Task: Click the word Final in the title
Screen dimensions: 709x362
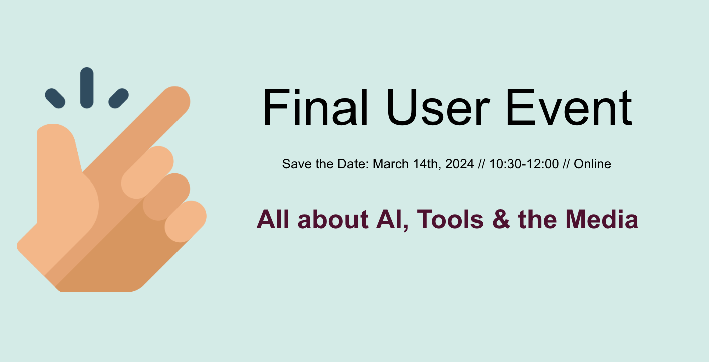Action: (315, 107)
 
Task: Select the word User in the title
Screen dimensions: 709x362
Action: (438, 107)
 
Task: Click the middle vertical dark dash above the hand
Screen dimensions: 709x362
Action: (87, 88)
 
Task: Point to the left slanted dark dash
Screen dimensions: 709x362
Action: (55, 98)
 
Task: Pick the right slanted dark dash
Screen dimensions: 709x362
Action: (119, 98)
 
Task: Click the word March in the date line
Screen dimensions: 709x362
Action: (391, 164)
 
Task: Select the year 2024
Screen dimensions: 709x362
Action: (460, 164)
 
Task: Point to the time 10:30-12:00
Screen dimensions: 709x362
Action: (524, 164)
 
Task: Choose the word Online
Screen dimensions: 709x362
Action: (592, 164)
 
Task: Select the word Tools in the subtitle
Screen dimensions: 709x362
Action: (450, 219)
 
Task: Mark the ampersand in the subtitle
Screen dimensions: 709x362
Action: (501, 219)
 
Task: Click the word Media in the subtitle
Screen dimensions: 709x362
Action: (602, 219)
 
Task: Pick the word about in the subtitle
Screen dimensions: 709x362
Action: (333, 219)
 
